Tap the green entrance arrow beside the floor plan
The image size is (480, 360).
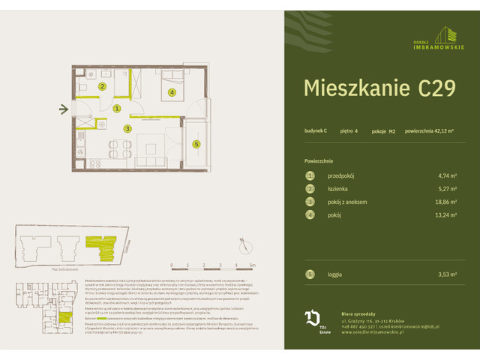(64, 109)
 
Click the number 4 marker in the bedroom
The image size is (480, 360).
(172, 93)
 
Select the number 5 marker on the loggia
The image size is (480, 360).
(196, 144)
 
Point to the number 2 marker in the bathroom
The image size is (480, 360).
(104, 86)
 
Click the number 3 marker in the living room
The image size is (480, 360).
(128, 129)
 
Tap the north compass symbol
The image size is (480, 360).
(244, 242)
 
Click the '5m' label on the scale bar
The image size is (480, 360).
(253, 265)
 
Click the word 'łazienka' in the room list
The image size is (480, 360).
(339, 188)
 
